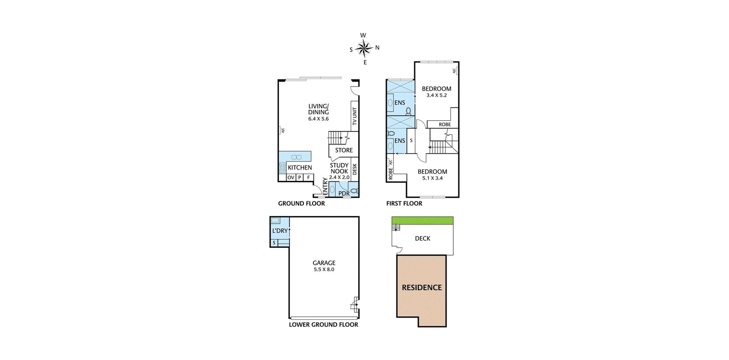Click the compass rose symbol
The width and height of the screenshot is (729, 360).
364,48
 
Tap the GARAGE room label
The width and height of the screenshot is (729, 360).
324,263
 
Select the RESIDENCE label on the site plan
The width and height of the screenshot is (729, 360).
421,288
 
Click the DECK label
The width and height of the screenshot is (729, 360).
422,238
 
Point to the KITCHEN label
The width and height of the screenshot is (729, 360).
300,168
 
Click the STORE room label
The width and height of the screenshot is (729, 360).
344,150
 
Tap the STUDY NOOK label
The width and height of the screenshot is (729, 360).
339,168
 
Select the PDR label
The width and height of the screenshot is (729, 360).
344,194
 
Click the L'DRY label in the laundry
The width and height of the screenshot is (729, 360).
280,231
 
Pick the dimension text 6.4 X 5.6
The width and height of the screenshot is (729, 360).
318,119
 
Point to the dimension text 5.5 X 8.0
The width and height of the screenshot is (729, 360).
324,269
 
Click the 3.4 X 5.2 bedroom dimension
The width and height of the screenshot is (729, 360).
436,96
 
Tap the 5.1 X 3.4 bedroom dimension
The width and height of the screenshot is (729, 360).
432,178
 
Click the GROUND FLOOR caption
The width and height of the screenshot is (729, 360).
301,204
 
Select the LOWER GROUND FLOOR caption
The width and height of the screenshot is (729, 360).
323,325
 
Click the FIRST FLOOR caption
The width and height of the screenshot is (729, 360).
404,204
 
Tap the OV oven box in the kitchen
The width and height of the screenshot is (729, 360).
291,178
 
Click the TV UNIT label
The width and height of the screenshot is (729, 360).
354,117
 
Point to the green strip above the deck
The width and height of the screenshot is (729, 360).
422,221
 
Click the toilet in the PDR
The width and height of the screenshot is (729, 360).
354,191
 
